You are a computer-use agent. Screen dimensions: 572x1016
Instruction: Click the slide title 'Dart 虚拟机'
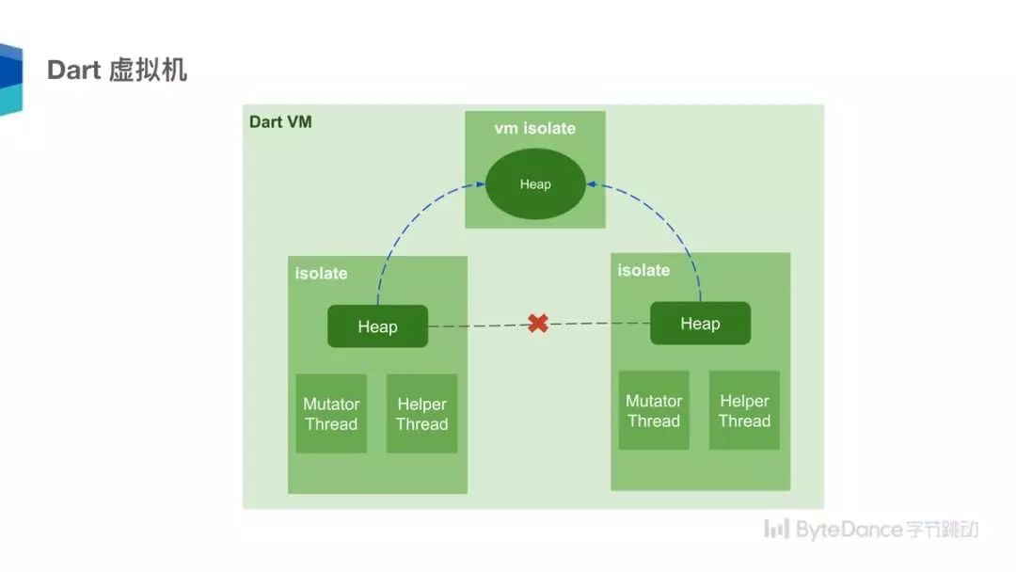(117, 71)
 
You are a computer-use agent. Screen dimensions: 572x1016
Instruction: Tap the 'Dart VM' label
(280, 122)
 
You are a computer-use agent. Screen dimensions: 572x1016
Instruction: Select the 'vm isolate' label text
(534, 129)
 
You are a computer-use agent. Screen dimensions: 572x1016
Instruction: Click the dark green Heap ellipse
(535, 184)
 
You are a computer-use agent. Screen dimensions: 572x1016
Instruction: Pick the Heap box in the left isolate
(377, 326)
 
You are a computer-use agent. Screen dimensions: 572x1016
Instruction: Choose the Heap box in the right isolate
(700, 324)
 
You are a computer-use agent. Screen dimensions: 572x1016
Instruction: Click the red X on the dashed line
(537, 324)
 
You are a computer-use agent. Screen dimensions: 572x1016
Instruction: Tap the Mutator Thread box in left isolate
(331, 414)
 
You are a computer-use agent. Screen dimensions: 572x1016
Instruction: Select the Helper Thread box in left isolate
(421, 414)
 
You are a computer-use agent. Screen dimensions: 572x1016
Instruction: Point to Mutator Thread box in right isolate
(654, 411)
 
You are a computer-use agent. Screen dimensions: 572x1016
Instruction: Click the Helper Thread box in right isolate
(744, 411)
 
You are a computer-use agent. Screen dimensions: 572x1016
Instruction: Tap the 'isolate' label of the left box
(321, 274)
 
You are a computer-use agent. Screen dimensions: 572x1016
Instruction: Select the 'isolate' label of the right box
(643, 271)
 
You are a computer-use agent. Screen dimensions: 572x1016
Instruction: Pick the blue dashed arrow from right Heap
(679, 226)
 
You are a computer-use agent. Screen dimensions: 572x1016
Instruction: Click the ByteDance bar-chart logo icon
(776, 529)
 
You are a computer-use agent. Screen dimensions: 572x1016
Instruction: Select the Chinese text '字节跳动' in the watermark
(943, 530)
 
